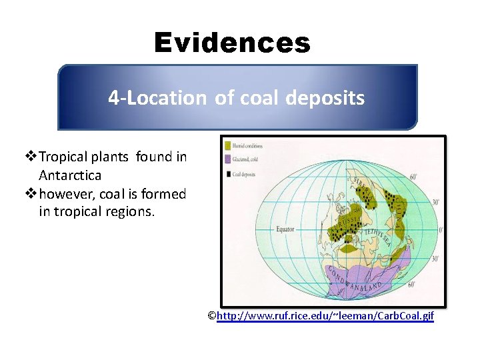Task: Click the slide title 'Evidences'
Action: point(232,43)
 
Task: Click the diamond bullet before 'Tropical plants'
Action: point(31,157)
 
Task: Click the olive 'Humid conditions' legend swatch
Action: point(228,145)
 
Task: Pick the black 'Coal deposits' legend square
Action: point(228,175)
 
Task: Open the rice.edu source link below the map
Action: point(325,316)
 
